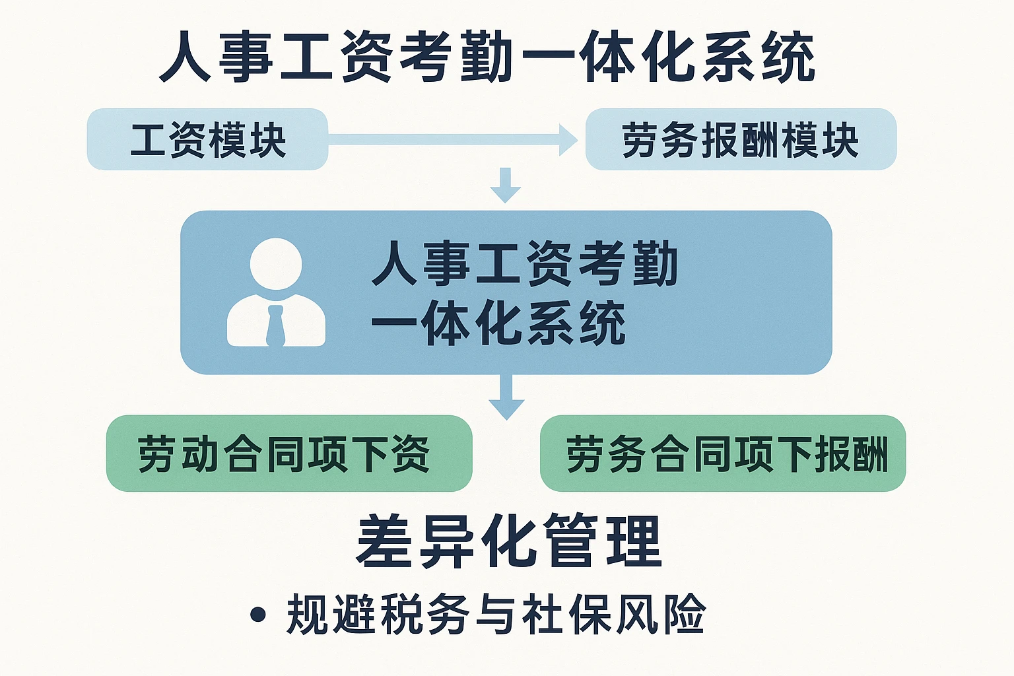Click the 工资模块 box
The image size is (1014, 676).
tap(207, 139)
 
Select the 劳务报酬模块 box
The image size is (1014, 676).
tap(741, 139)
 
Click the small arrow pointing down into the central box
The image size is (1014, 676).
tap(506, 186)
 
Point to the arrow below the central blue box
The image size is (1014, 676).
tap(506, 397)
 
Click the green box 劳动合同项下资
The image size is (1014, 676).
tap(289, 454)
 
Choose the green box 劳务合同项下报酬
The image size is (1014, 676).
tap(723, 454)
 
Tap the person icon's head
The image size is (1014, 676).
tap(276, 263)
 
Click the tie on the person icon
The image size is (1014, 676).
tap(275, 326)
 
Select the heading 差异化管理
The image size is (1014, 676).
tap(508, 541)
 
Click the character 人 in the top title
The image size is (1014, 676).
tap(186, 57)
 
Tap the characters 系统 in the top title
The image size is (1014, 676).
tap(759, 57)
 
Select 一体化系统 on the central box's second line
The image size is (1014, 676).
tap(498, 323)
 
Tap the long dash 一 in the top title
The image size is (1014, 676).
tap(547, 57)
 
